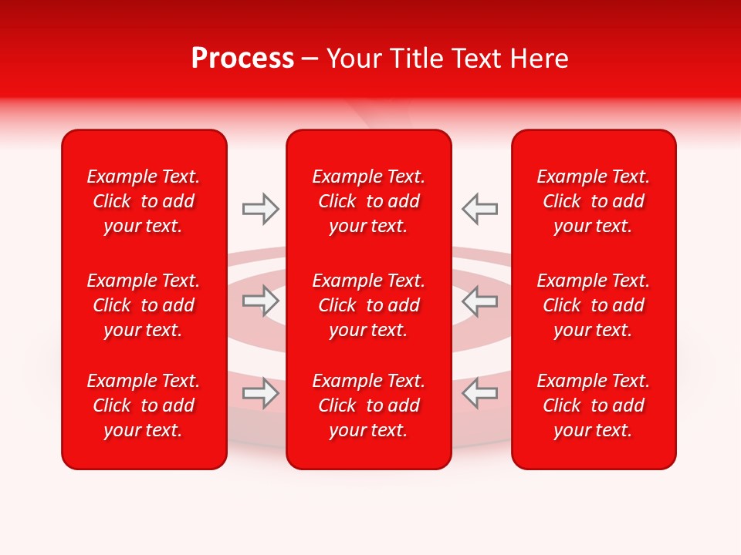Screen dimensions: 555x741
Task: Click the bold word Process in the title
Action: point(242,59)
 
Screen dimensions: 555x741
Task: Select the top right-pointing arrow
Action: point(260,209)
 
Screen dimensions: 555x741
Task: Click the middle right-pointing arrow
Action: point(260,301)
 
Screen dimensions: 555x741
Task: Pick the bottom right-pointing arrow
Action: point(260,393)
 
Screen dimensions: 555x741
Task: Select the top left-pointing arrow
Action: point(479,209)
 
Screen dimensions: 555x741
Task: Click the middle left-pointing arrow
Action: point(479,301)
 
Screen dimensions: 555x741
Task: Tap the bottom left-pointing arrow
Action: point(479,393)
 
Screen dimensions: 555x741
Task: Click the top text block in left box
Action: point(144,201)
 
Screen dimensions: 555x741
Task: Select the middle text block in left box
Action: point(144,305)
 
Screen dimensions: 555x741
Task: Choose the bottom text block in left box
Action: point(144,405)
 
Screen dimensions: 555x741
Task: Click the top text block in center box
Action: point(369,201)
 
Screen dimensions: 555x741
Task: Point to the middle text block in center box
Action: point(369,305)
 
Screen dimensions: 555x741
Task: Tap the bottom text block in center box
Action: point(369,405)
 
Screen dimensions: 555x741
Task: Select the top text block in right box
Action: point(594,201)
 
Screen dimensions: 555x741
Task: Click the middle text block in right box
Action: point(594,305)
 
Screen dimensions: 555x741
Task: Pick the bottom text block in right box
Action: point(594,405)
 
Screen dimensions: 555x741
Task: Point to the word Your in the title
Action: point(354,59)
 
